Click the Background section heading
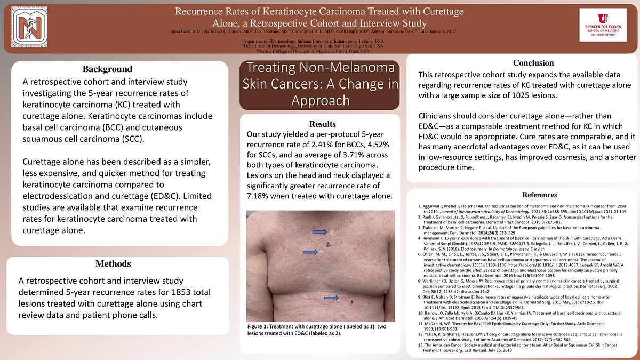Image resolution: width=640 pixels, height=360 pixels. (x=107, y=69)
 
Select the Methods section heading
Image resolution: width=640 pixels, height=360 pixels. (x=113, y=263)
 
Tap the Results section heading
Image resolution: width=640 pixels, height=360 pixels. (x=322, y=124)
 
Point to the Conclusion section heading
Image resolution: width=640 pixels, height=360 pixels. (x=533, y=63)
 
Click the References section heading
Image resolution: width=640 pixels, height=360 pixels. (x=540, y=195)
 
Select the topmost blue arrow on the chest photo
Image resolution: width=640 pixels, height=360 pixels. (x=319, y=232)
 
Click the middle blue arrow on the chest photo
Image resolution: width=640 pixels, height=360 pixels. (x=310, y=252)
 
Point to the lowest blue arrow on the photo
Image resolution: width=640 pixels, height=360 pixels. (x=331, y=298)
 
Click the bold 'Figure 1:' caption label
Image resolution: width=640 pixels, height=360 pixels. (x=258, y=326)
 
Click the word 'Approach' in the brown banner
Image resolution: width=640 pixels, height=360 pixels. (x=321, y=100)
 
